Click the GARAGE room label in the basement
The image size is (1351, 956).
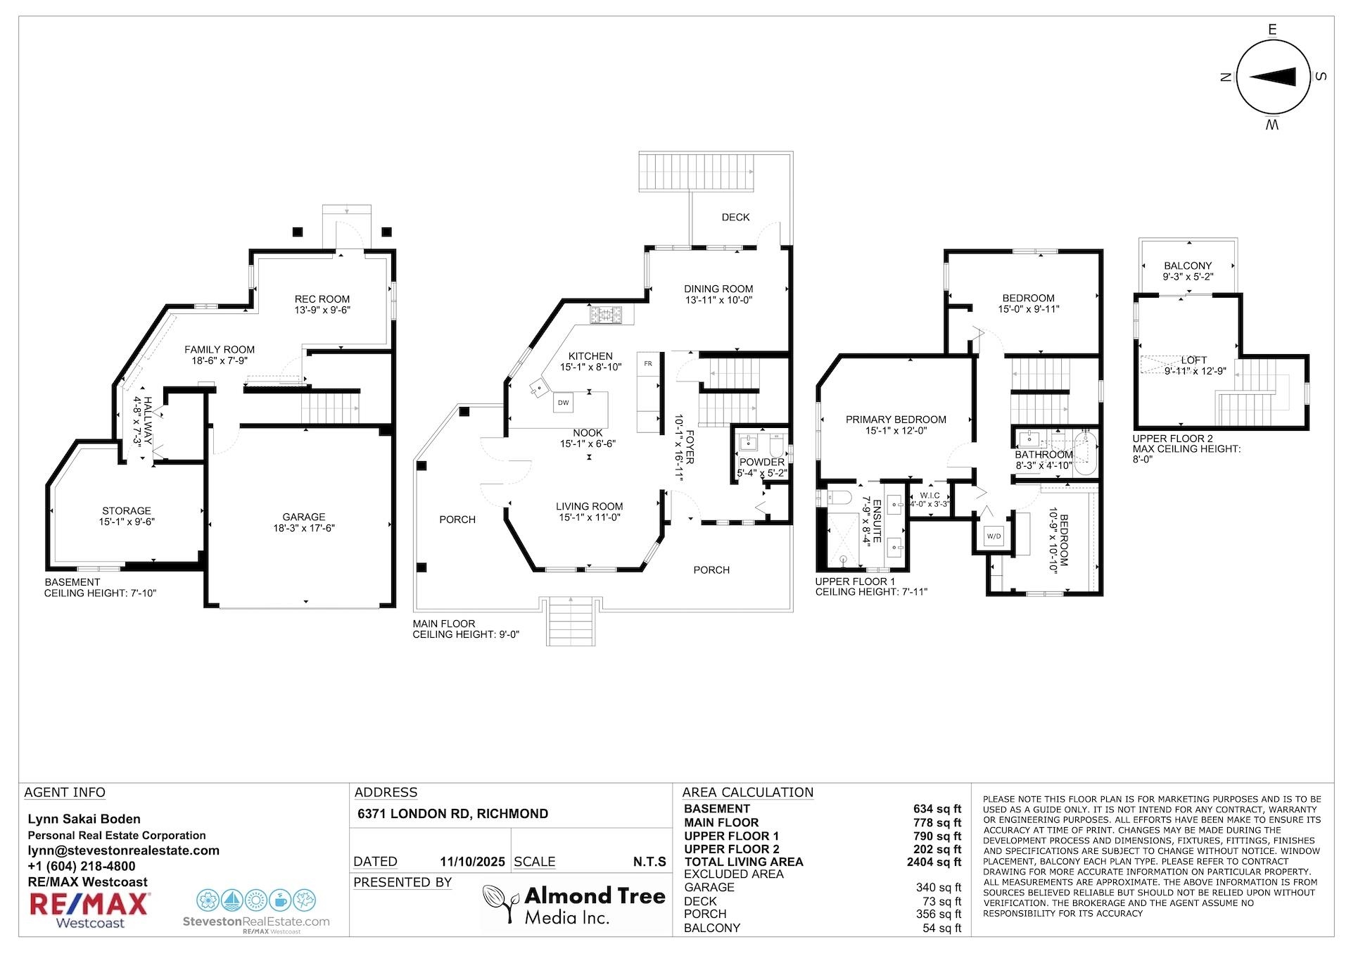click(x=304, y=517)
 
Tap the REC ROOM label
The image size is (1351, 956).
click(x=322, y=299)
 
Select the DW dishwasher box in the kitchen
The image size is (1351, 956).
click(x=563, y=403)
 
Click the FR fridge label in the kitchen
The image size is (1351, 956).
click(x=648, y=364)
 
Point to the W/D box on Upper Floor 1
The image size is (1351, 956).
click(x=994, y=536)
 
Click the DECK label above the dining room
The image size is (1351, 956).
click(x=736, y=218)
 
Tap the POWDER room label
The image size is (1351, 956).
click(x=762, y=463)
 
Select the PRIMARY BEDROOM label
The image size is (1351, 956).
click(x=896, y=420)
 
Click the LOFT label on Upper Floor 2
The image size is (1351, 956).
click(x=1194, y=360)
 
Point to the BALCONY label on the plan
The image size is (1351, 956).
click(x=1188, y=266)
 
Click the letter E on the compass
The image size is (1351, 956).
click(x=1272, y=30)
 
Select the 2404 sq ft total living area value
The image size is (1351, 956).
click(x=934, y=862)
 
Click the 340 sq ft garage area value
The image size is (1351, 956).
click(x=939, y=888)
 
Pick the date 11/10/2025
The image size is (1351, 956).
click(x=473, y=862)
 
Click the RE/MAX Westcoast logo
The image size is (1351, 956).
click(x=89, y=910)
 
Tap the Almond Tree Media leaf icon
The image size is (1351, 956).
click(x=500, y=904)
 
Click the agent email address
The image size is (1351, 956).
click(x=124, y=850)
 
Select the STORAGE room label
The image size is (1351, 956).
click(x=127, y=511)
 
